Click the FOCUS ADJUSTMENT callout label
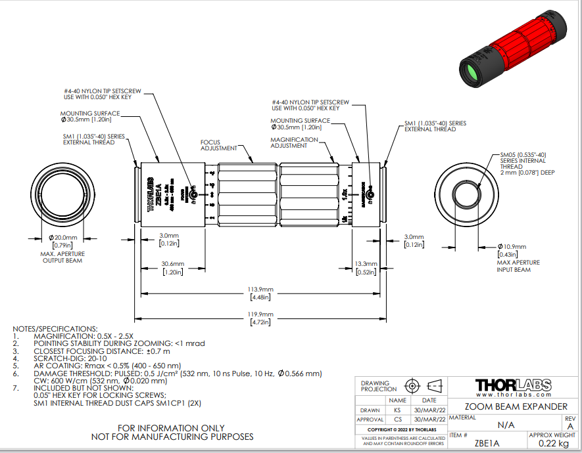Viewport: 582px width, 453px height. coord(210,145)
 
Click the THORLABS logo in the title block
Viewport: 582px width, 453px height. coord(513,385)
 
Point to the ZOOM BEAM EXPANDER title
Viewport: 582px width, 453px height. coord(512,407)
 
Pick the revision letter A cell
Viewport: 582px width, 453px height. coord(570,425)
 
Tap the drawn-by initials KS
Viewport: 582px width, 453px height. coord(397,410)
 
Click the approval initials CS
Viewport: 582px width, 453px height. coord(397,420)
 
